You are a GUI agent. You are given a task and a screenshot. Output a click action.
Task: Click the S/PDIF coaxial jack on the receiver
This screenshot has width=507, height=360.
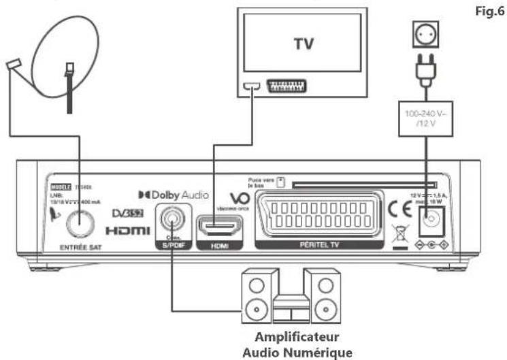click(170, 221)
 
